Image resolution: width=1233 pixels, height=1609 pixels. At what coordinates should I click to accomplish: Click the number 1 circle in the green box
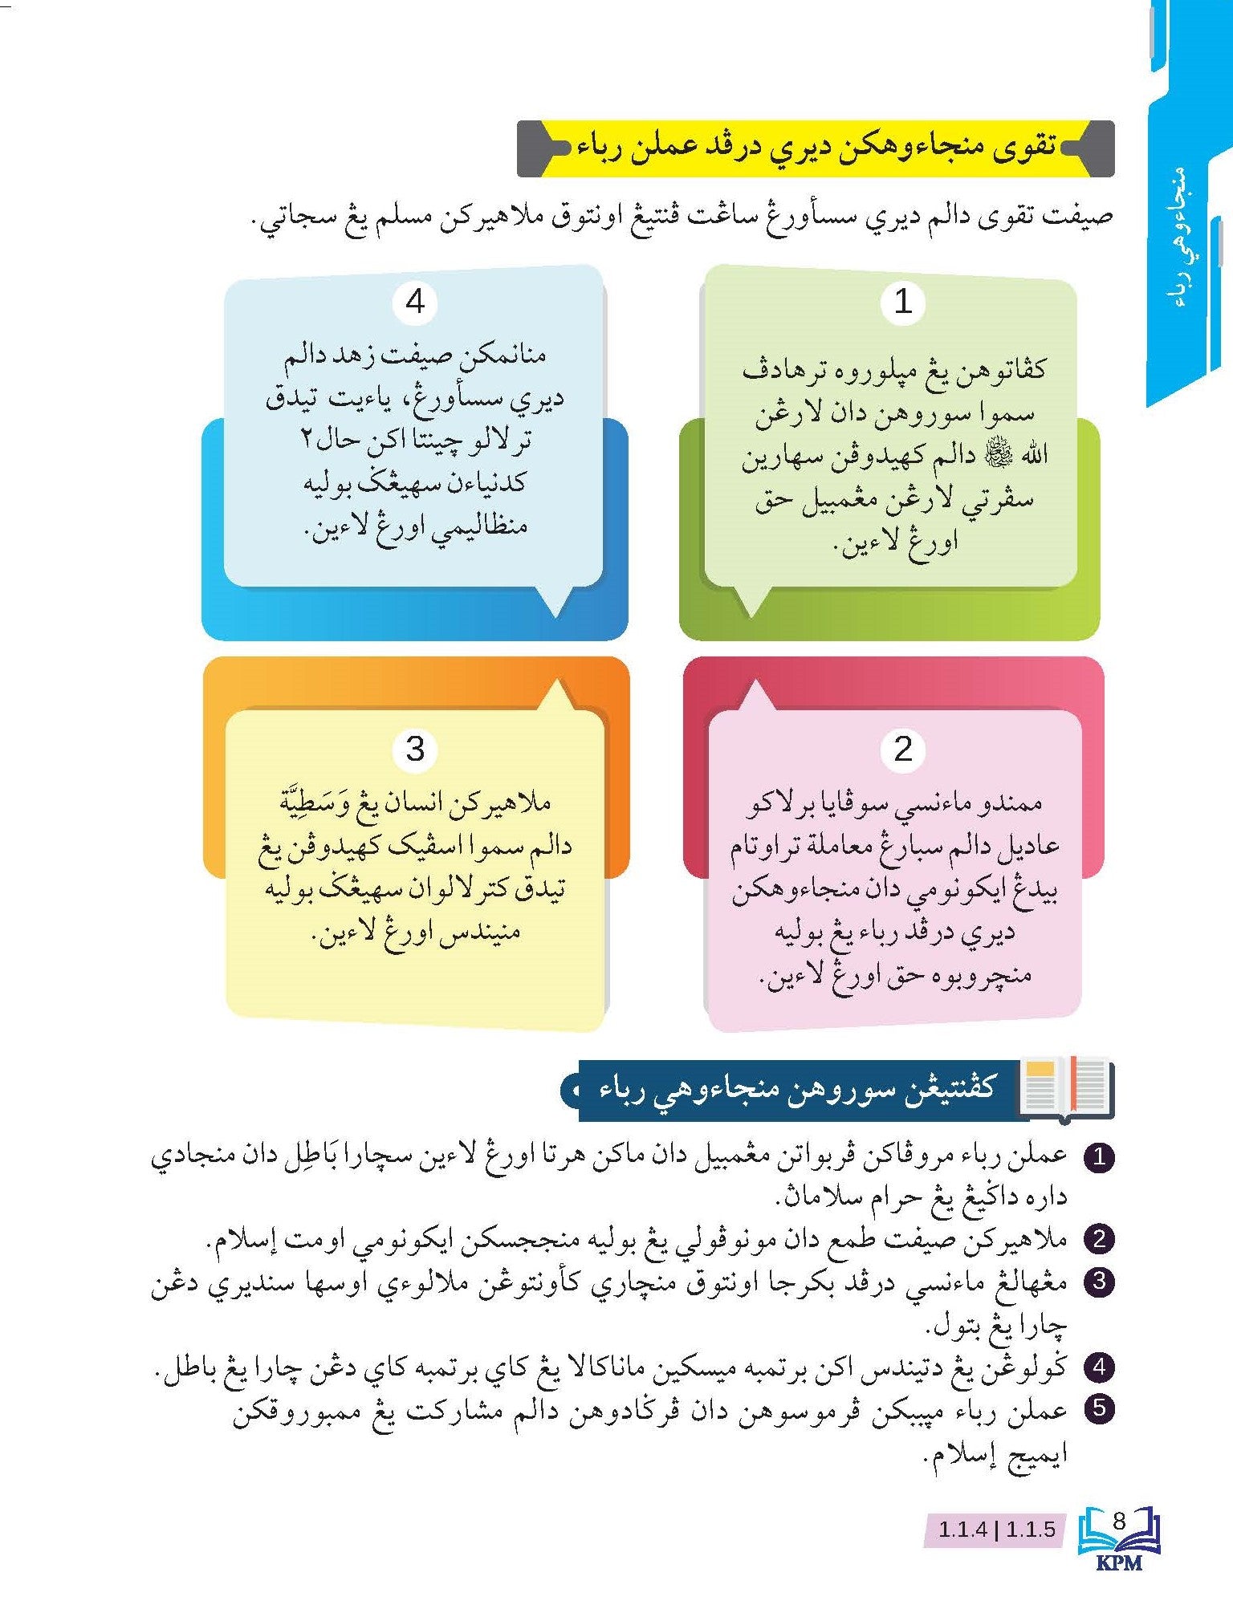(903, 303)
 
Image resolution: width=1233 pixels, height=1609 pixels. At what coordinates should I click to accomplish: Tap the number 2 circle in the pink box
(903, 750)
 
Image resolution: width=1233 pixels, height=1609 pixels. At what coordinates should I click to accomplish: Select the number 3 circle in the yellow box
(415, 750)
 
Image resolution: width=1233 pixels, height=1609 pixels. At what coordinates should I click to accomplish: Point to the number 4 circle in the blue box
(415, 303)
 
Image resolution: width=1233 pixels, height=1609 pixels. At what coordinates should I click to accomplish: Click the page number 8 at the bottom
(1121, 1520)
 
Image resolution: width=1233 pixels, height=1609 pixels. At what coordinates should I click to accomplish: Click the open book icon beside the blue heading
(1066, 1088)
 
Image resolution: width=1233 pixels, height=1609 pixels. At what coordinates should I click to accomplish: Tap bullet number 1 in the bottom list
(1099, 1157)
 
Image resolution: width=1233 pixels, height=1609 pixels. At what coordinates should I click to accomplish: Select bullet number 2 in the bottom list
(1099, 1239)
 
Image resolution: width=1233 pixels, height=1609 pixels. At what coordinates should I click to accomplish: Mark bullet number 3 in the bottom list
(1099, 1282)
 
